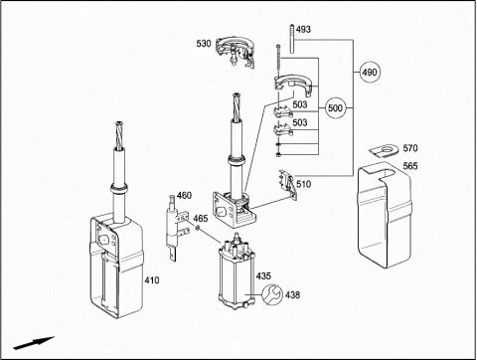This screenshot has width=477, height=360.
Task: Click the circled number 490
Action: [x=370, y=72]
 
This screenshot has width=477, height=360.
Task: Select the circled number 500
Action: [x=335, y=108]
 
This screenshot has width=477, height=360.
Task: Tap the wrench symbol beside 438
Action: [x=272, y=294]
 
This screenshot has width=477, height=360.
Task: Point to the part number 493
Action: [x=303, y=30]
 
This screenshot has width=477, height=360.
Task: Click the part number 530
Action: [x=204, y=44]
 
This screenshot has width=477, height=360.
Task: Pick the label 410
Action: [x=152, y=280]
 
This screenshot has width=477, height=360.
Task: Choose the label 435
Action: [x=263, y=275]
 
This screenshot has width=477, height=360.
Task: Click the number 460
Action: [x=184, y=195]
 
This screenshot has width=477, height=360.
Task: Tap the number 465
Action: [x=201, y=219]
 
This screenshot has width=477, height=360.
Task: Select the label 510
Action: [x=303, y=184]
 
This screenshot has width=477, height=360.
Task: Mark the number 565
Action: [x=410, y=166]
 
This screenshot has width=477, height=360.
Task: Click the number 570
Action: [x=410, y=148]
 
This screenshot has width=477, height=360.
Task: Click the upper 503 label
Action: [x=300, y=104]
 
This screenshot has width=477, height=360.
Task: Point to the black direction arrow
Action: [x=34, y=343]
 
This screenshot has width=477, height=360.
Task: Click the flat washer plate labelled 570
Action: [x=384, y=150]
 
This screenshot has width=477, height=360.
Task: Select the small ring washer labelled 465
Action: [x=198, y=228]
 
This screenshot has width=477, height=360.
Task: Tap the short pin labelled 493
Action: [x=292, y=39]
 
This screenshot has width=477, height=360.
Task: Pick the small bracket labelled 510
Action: [x=288, y=184]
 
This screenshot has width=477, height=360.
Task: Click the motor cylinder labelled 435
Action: [x=237, y=271]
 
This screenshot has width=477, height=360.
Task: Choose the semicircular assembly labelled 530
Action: [x=236, y=52]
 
